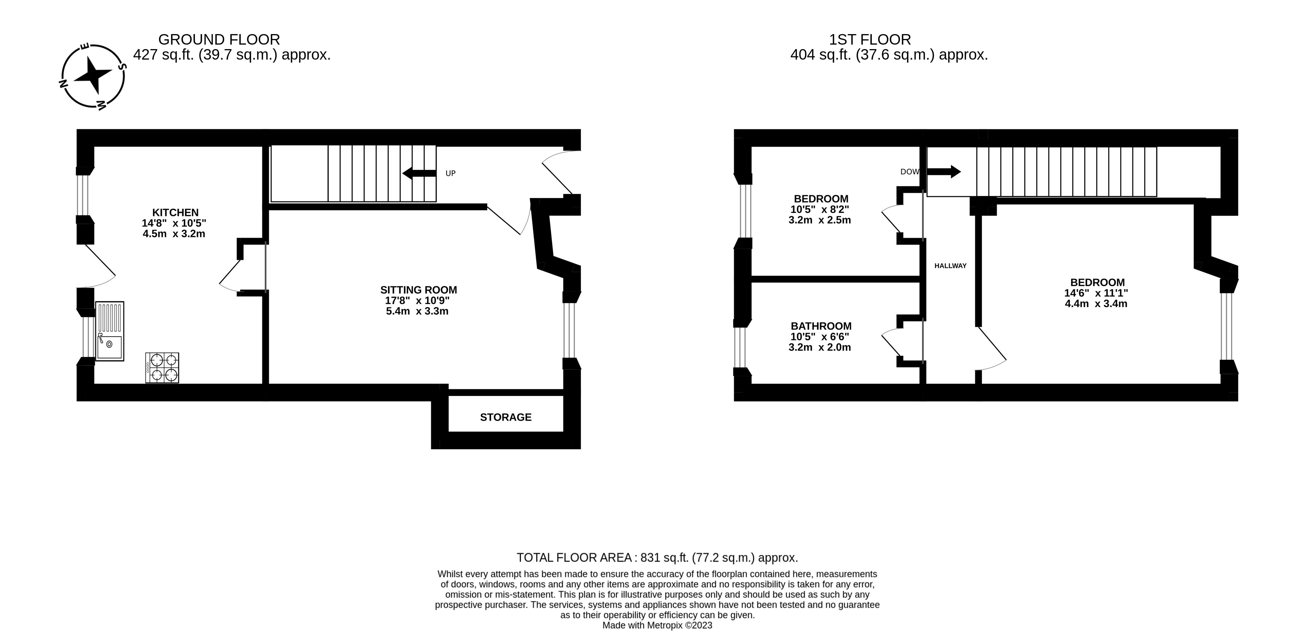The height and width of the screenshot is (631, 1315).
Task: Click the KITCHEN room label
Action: pyautogui.click(x=175, y=212)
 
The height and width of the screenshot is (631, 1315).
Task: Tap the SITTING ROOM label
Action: pyautogui.click(x=418, y=290)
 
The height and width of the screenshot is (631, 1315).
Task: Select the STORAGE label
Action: pyautogui.click(x=505, y=417)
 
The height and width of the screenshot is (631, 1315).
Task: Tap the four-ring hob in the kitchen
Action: pyautogui.click(x=162, y=367)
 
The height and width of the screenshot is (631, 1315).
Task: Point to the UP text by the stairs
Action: pyautogui.click(x=450, y=174)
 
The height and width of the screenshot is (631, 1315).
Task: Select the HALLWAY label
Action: pyautogui.click(x=950, y=266)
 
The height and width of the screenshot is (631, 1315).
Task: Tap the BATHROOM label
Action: pyautogui.click(x=821, y=326)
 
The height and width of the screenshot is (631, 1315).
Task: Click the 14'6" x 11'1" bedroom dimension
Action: pyautogui.click(x=1096, y=293)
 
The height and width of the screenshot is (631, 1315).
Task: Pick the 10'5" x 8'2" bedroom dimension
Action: pyautogui.click(x=820, y=209)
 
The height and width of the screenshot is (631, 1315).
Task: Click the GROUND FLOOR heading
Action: pyautogui.click(x=219, y=39)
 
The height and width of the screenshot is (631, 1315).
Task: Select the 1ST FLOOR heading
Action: pyautogui.click(x=869, y=39)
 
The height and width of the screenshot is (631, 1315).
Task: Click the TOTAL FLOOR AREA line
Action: pyautogui.click(x=657, y=558)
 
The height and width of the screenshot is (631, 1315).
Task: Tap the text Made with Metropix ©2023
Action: pyautogui.click(x=657, y=625)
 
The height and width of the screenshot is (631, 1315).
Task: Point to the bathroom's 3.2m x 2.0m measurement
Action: pyautogui.click(x=819, y=348)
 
